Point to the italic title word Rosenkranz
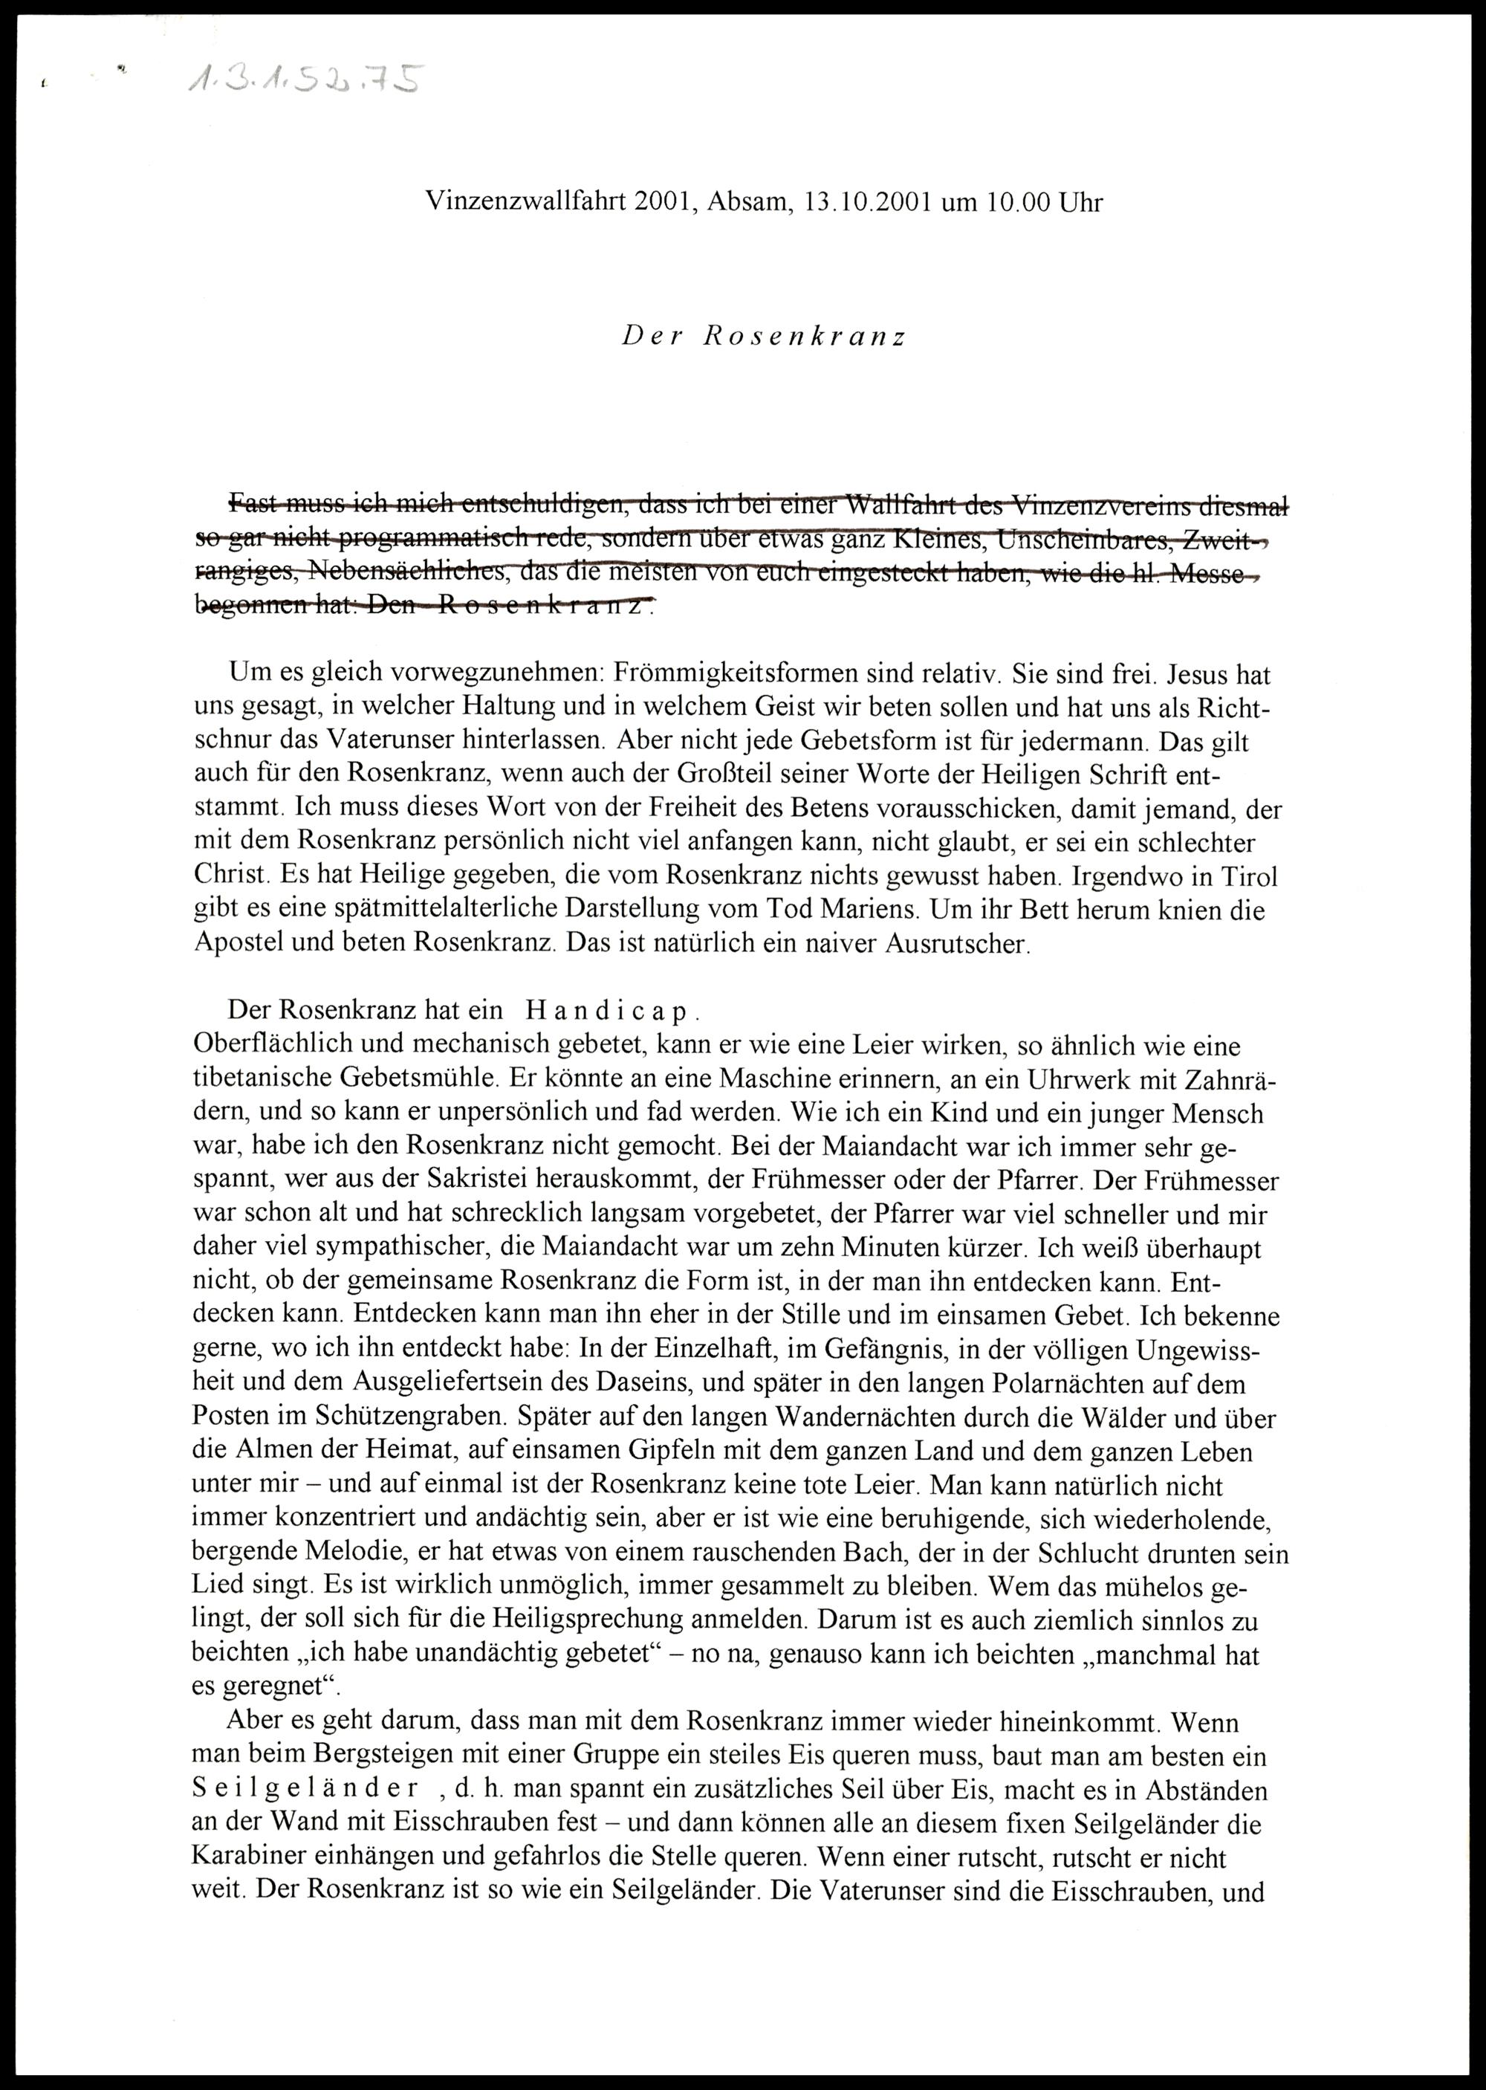point(805,337)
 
